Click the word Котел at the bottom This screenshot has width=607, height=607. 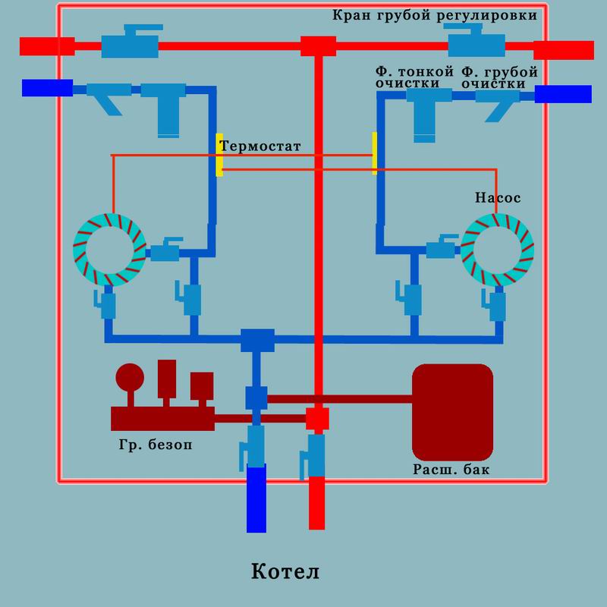point(285,571)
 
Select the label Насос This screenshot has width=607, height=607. point(497,198)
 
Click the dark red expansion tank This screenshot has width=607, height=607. point(452,410)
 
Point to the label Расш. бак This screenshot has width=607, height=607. point(452,470)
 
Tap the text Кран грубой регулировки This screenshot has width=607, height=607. point(435,15)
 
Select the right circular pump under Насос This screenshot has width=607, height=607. point(498,248)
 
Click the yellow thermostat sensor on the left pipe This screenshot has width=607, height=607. point(219,155)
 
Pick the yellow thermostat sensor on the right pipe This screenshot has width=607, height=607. point(375,153)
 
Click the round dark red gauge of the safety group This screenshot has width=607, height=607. point(129,376)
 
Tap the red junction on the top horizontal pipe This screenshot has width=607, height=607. point(318,46)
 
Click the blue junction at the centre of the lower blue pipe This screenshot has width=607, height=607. point(257,339)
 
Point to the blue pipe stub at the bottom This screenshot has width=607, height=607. point(257,498)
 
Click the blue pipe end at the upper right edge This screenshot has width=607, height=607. point(562,94)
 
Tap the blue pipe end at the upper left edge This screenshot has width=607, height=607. point(47,88)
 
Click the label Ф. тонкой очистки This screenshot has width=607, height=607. point(414,77)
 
